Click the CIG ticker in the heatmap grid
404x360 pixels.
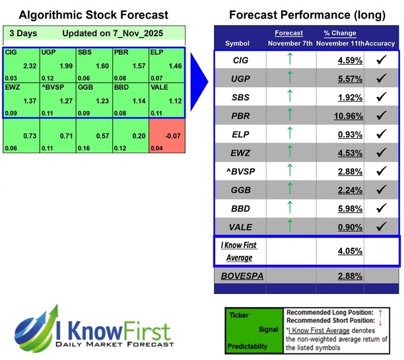pos(10,52)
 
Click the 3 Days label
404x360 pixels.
pos(23,33)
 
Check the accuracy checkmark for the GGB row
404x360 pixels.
pos(380,192)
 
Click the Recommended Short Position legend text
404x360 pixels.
pos(325,318)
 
